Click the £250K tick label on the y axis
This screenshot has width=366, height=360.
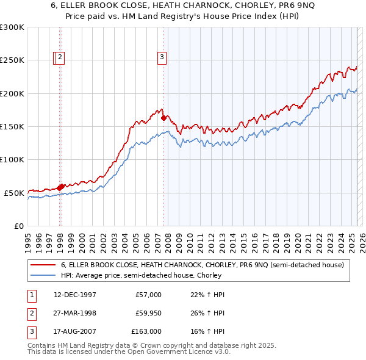click(x=12, y=60)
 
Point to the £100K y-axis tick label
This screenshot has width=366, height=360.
click(x=12, y=159)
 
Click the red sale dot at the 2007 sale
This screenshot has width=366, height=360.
click(x=163, y=118)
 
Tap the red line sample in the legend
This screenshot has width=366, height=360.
click(x=43, y=265)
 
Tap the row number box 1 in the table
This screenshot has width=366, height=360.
click(x=30, y=295)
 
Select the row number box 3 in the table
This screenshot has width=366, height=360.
click(x=30, y=332)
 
